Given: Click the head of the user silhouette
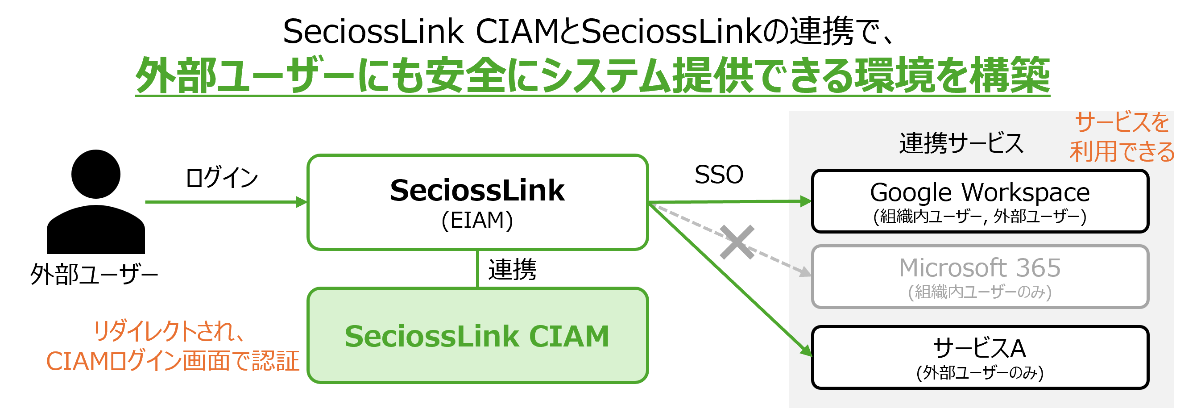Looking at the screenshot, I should tap(95, 175).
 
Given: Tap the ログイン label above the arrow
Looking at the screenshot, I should tap(221, 178).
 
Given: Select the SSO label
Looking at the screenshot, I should tap(718, 175).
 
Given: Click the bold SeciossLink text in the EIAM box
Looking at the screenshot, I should tap(477, 191).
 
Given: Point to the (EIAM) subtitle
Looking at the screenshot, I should tap(477, 220).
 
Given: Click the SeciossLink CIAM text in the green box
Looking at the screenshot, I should tap(477, 336).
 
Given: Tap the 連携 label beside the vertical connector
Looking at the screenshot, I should tap(512, 270).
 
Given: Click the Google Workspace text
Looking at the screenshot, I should tap(980, 192).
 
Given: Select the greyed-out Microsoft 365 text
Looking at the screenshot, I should tap(980, 268).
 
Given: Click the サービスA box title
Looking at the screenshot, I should tap(980, 348).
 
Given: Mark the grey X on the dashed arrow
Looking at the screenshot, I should tap(737, 242).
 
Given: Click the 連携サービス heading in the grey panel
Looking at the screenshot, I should tap(961, 143).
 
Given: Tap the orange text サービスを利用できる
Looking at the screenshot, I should tap(1121, 138).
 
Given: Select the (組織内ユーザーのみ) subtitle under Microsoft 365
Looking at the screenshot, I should tap(980, 292).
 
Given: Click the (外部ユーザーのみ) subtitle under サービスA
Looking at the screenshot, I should tap(980, 373).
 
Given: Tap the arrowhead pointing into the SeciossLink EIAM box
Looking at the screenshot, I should tap(302, 202).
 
